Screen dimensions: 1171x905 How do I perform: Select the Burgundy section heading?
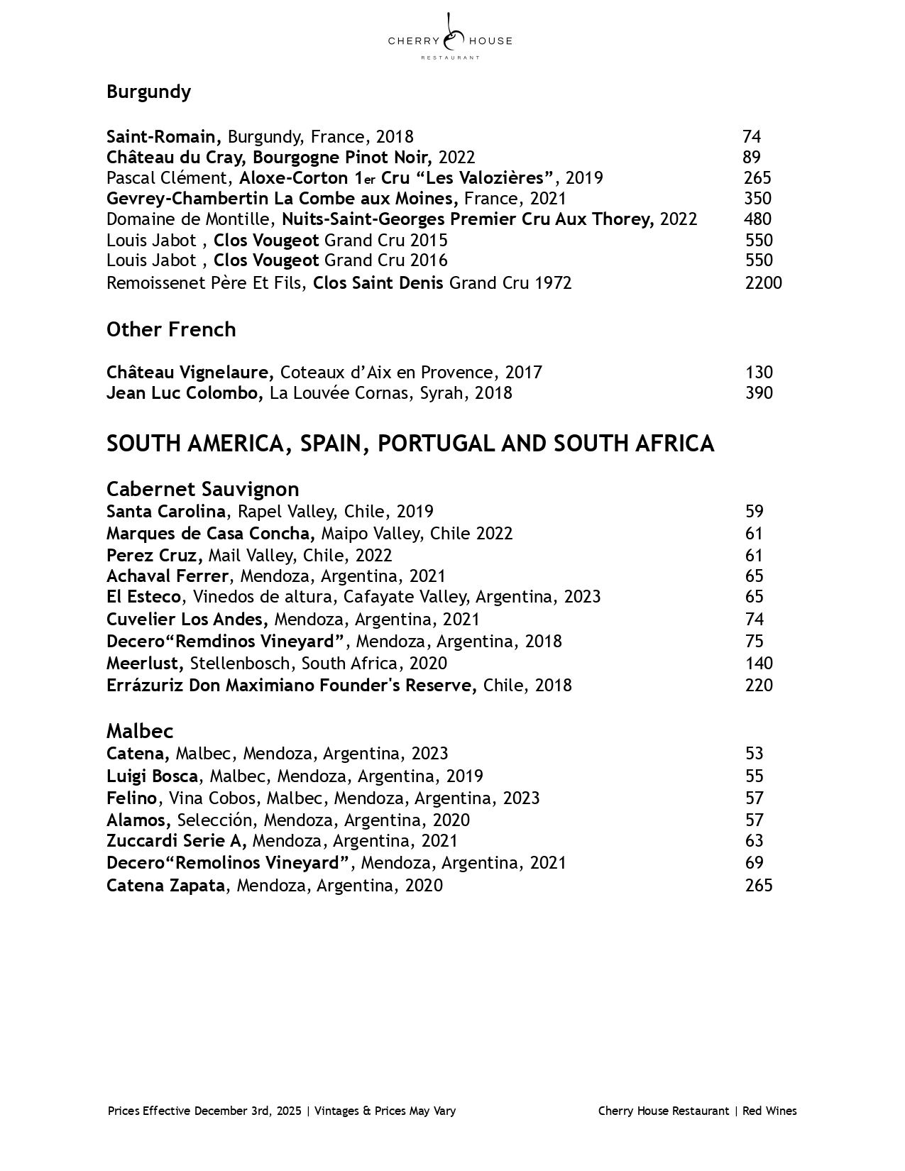pos(148,92)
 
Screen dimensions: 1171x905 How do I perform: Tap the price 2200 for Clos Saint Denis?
pos(763,282)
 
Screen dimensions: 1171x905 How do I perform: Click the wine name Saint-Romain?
pos(163,136)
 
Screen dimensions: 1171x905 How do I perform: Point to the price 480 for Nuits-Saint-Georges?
pos(757,219)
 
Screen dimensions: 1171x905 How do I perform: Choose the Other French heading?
pos(171,329)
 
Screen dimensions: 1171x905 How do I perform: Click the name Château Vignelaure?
pos(190,372)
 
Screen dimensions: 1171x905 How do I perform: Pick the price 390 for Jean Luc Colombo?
pos(759,392)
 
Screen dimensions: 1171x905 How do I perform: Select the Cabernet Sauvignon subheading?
pos(202,489)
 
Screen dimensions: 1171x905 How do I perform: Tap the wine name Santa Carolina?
pos(166,511)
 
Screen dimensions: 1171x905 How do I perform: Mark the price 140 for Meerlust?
pos(759,663)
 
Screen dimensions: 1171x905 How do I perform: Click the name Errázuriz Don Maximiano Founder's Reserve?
pos(291,685)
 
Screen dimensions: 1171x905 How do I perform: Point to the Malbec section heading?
pos(140,731)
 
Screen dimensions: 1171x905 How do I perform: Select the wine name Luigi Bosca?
pos(152,776)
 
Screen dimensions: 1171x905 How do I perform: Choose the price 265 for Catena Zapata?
pos(759,885)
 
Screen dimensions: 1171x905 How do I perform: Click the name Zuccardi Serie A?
pos(176,840)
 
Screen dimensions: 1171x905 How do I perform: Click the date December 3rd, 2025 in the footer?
pos(247,1111)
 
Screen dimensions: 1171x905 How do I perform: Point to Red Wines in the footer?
pos(769,1111)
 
